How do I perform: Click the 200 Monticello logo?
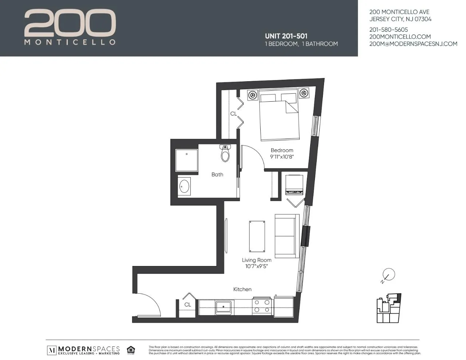point(70,27)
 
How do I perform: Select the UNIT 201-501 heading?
point(286,36)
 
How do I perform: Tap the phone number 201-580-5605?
point(388,30)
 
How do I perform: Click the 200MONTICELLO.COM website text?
point(400,36)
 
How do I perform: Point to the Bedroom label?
point(282,150)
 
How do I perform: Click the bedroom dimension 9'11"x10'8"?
point(282,157)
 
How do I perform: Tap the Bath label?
point(217,175)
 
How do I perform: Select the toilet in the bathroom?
point(225,154)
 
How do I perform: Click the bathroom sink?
point(185,186)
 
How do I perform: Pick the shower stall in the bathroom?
point(187,160)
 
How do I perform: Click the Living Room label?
point(257,260)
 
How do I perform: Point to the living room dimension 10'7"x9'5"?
point(257,266)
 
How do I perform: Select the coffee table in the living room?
point(257,236)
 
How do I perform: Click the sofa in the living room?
point(287,236)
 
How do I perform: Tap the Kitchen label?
point(242,289)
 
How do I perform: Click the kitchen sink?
point(225,307)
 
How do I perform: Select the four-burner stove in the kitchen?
point(262,306)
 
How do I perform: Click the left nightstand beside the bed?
point(252,94)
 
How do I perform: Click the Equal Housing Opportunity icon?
point(131,350)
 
